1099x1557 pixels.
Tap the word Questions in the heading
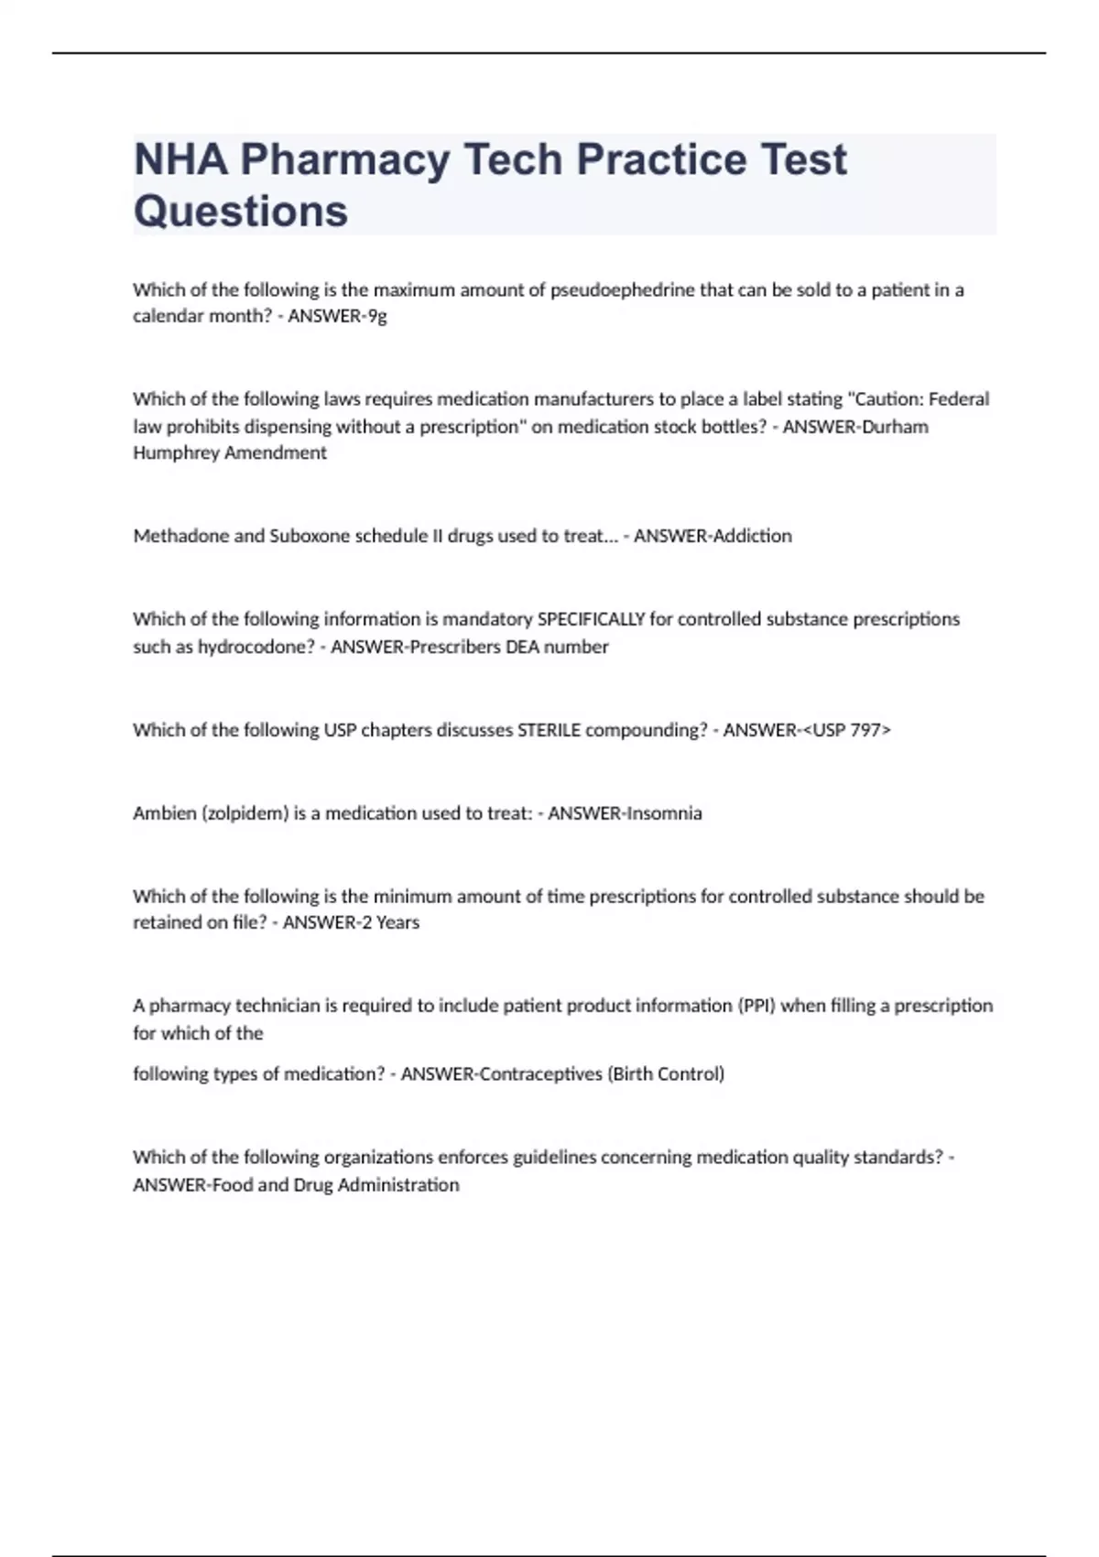tap(241, 212)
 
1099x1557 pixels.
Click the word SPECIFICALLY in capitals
tap(591, 619)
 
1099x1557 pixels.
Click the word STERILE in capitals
tap(549, 730)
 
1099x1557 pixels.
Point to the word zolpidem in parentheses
tap(245, 813)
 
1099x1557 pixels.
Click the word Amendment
tap(276, 453)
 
